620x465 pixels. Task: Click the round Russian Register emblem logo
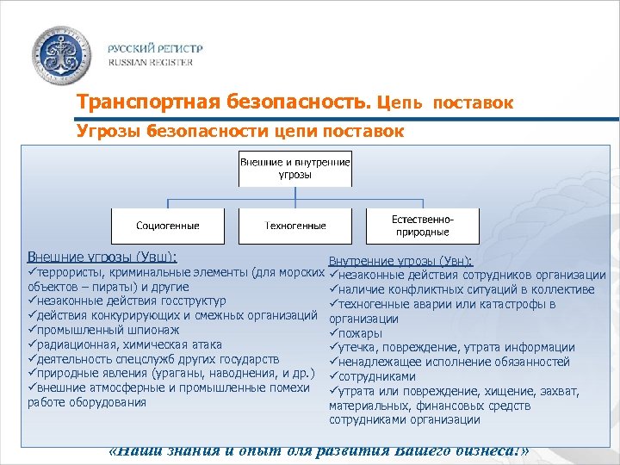coord(63,54)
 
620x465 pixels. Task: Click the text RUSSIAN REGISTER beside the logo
coord(150,62)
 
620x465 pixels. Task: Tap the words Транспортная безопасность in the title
coord(223,102)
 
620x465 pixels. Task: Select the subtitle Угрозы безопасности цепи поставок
coord(240,131)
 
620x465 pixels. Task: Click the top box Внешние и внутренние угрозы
coord(294,169)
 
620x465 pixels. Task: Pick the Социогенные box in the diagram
coord(167,226)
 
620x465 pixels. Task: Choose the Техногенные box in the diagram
coord(295,226)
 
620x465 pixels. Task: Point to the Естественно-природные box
coord(422,226)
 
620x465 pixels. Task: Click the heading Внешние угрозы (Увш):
coord(102,257)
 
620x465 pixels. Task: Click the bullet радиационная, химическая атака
coord(128,344)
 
